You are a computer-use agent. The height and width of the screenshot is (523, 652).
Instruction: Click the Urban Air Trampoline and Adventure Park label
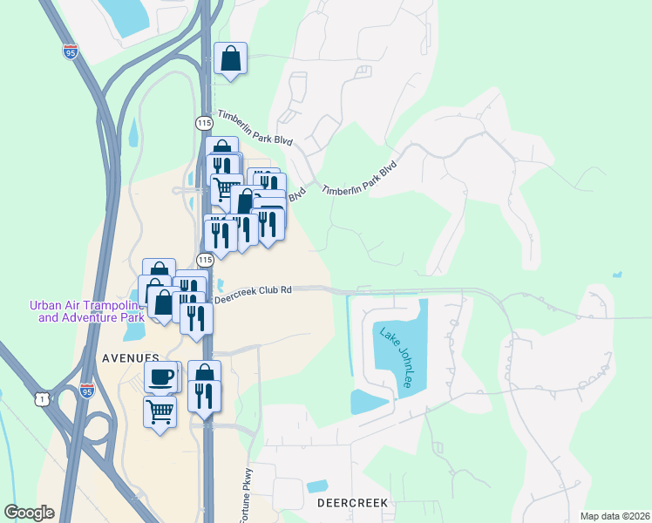[x=86, y=311]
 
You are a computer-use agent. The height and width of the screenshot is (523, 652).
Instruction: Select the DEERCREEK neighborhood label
[x=351, y=504]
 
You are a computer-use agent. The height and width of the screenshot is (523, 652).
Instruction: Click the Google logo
[x=29, y=512]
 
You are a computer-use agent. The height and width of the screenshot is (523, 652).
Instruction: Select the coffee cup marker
[x=160, y=377]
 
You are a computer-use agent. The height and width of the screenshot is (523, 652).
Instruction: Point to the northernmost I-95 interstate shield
[x=70, y=51]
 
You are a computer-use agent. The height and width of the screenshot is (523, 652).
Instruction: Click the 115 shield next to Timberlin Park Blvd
[x=204, y=122]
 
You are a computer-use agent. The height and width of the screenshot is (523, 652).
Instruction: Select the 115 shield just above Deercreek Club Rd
[x=205, y=260]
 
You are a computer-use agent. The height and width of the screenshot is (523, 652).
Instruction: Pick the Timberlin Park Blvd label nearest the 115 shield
[x=255, y=128]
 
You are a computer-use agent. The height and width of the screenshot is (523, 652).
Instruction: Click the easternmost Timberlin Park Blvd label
[x=359, y=178]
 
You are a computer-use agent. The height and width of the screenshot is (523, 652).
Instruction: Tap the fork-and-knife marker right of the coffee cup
[x=204, y=395]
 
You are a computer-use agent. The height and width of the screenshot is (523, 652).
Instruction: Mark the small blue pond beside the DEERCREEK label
[x=317, y=486]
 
